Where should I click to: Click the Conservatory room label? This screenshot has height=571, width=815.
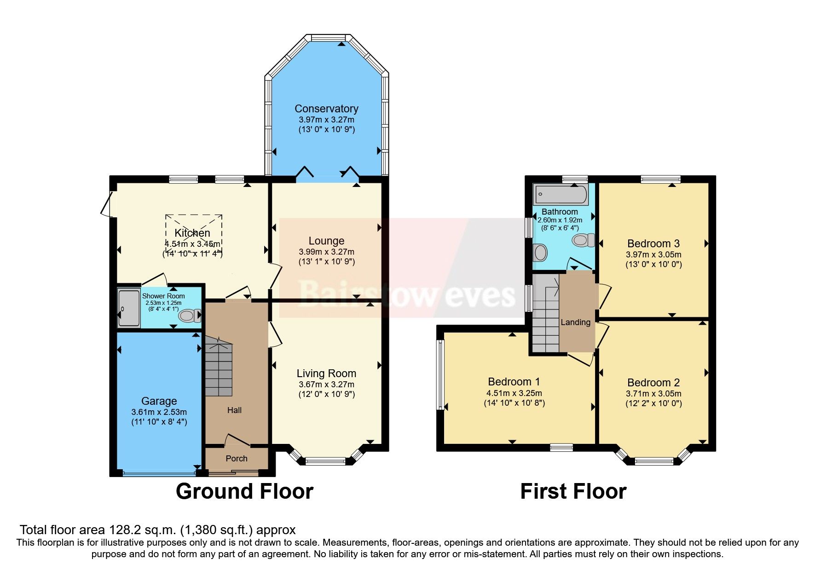(x=326, y=109)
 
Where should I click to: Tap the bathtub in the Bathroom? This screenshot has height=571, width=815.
(x=560, y=195)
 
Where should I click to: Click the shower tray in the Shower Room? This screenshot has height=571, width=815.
(x=128, y=308)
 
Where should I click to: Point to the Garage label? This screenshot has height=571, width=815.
(x=159, y=401)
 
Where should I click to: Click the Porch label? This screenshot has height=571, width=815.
(x=237, y=459)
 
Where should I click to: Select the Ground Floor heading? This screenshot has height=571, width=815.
(x=244, y=491)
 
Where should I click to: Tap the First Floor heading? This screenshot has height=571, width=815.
(x=573, y=491)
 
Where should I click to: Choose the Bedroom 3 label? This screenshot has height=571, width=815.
(x=653, y=244)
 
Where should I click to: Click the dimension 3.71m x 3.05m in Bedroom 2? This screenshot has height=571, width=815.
(x=653, y=394)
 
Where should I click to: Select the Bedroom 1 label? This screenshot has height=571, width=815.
(x=514, y=382)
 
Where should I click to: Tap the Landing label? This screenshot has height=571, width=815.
(x=575, y=322)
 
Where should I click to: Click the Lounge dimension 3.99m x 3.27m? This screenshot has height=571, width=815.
(x=326, y=252)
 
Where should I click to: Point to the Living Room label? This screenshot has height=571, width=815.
(x=326, y=373)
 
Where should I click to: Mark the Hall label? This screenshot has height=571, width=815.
(x=234, y=410)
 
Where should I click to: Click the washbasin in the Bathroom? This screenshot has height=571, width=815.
(x=540, y=252)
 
